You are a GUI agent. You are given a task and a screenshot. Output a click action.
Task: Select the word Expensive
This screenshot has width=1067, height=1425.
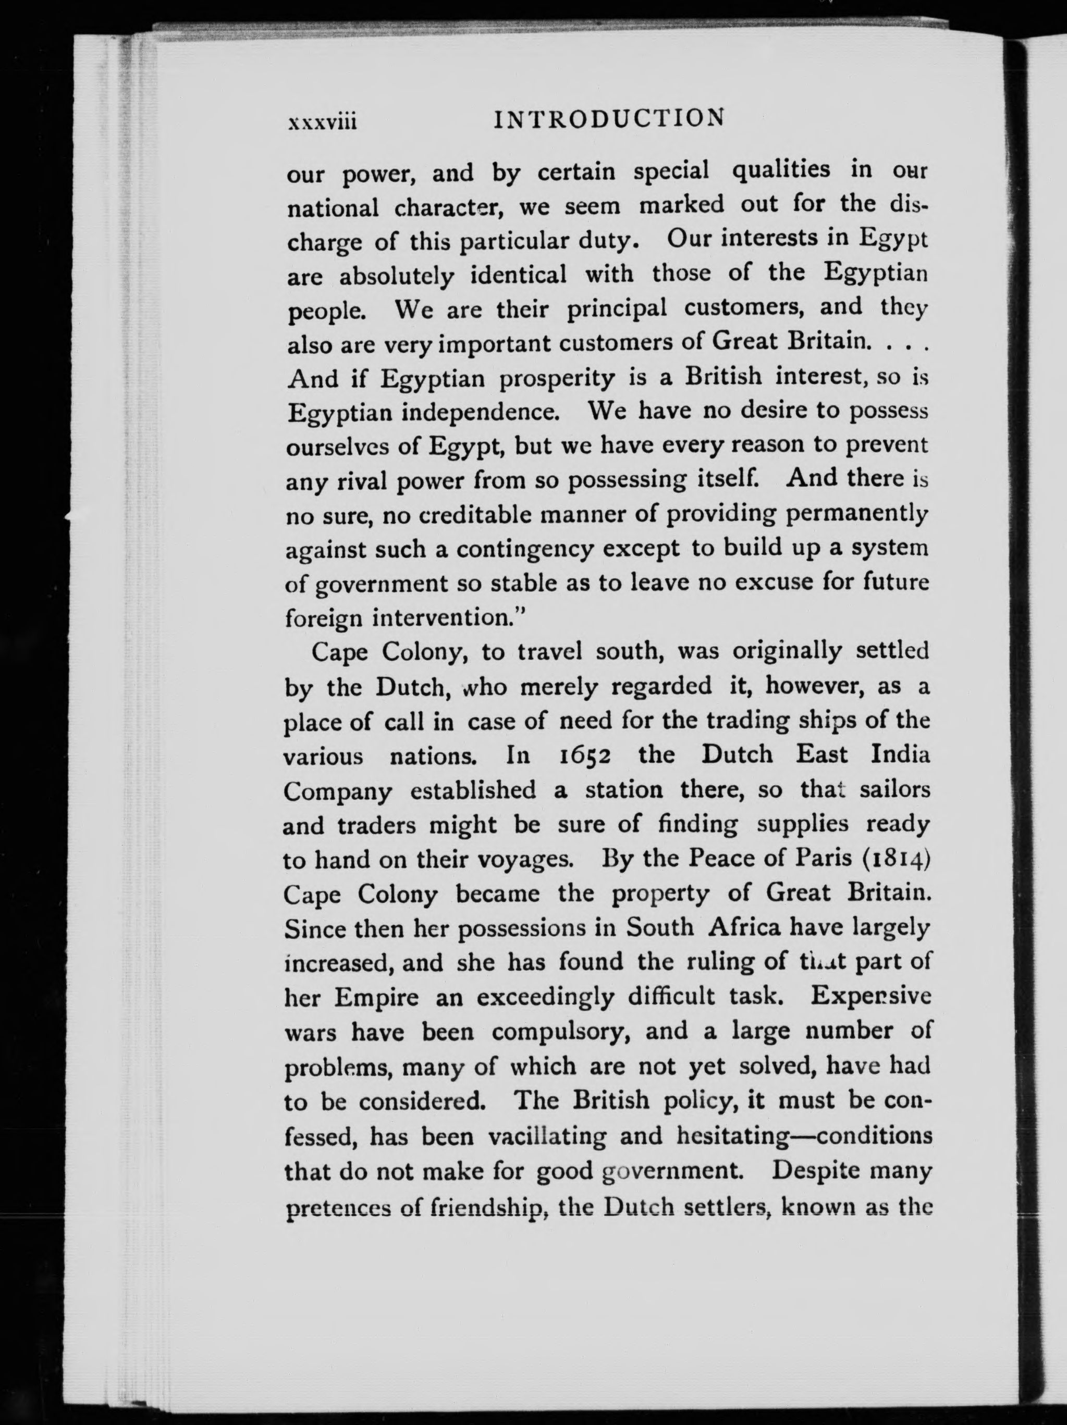870,996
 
